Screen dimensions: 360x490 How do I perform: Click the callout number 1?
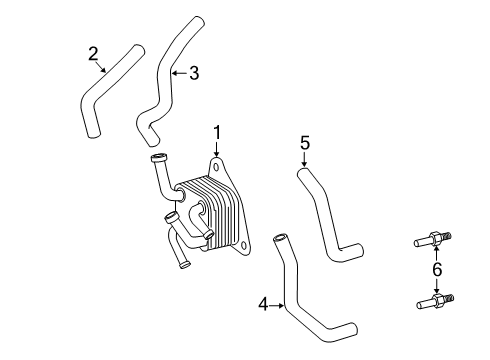215,132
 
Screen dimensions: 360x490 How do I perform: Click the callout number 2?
93,53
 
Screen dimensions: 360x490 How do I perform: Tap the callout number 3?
194,72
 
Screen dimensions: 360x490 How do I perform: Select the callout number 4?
263,304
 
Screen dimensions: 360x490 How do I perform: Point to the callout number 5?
305,143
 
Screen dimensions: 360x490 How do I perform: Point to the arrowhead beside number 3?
174,72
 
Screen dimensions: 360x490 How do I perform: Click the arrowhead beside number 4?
282,304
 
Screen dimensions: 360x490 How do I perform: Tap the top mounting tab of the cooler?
216,166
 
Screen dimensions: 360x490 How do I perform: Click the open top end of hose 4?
279,238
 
